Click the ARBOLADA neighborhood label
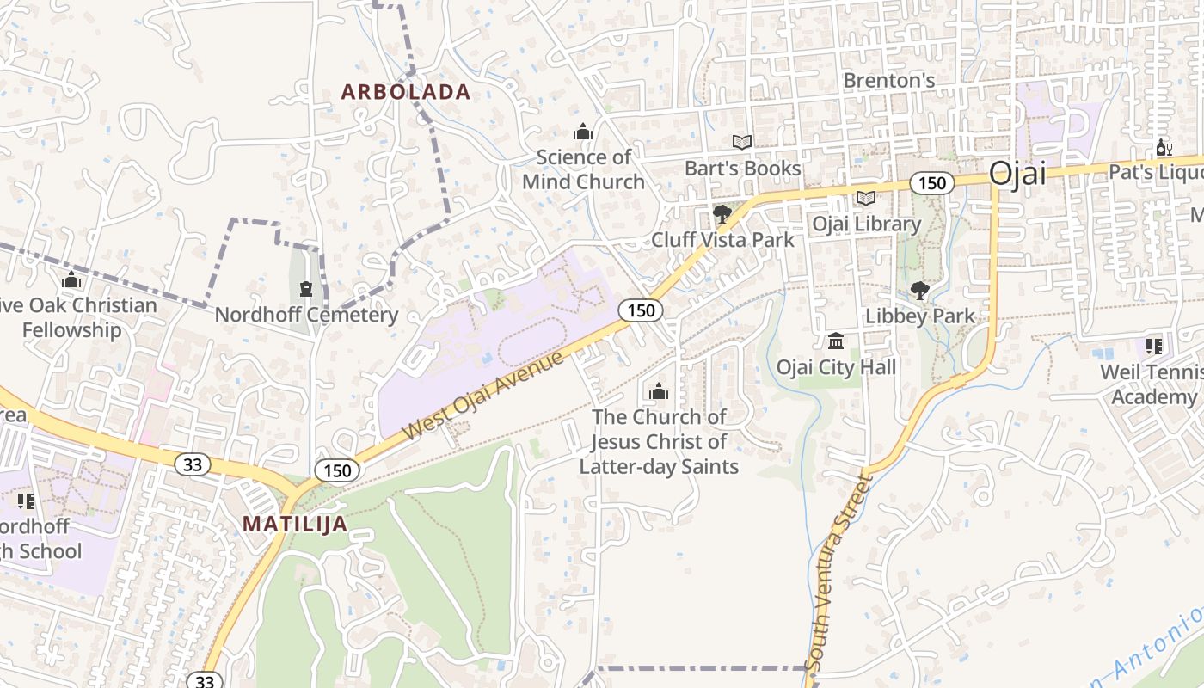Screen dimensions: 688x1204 pyautogui.click(x=406, y=92)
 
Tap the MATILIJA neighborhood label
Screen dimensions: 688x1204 pyautogui.click(x=295, y=524)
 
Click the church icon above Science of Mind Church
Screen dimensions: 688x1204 pyautogui.click(x=583, y=132)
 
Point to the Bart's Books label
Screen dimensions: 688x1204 pyautogui.click(x=742, y=169)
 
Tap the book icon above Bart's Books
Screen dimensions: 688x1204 pyautogui.click(x=741, y=143)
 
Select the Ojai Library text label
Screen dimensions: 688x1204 pyautogui.click(x=867, y=224)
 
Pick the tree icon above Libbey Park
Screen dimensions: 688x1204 pyautogui.click(x=919, y=291)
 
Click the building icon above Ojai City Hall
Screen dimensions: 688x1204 pyautogui.click(x=836, y=341)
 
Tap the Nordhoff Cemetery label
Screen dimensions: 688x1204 pyautogui.click(x=306, y=315)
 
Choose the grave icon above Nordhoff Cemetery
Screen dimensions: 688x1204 pyautogui.click(x=305, y=288)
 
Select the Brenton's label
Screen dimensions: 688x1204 pyautogui.click(x=888, y=80)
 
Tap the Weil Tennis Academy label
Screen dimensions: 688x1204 pyautogui.click(x=1153, y=384)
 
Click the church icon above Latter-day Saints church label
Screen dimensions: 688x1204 pyautogui.click(x=659, y=392)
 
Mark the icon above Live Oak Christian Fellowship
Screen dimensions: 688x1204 pyautogui.click(x=71, y=280)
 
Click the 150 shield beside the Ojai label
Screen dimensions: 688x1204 pyautogui.click(x=931, y=182)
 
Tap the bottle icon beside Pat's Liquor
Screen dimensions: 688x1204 pyautogui.click(x=1164, y=148)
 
